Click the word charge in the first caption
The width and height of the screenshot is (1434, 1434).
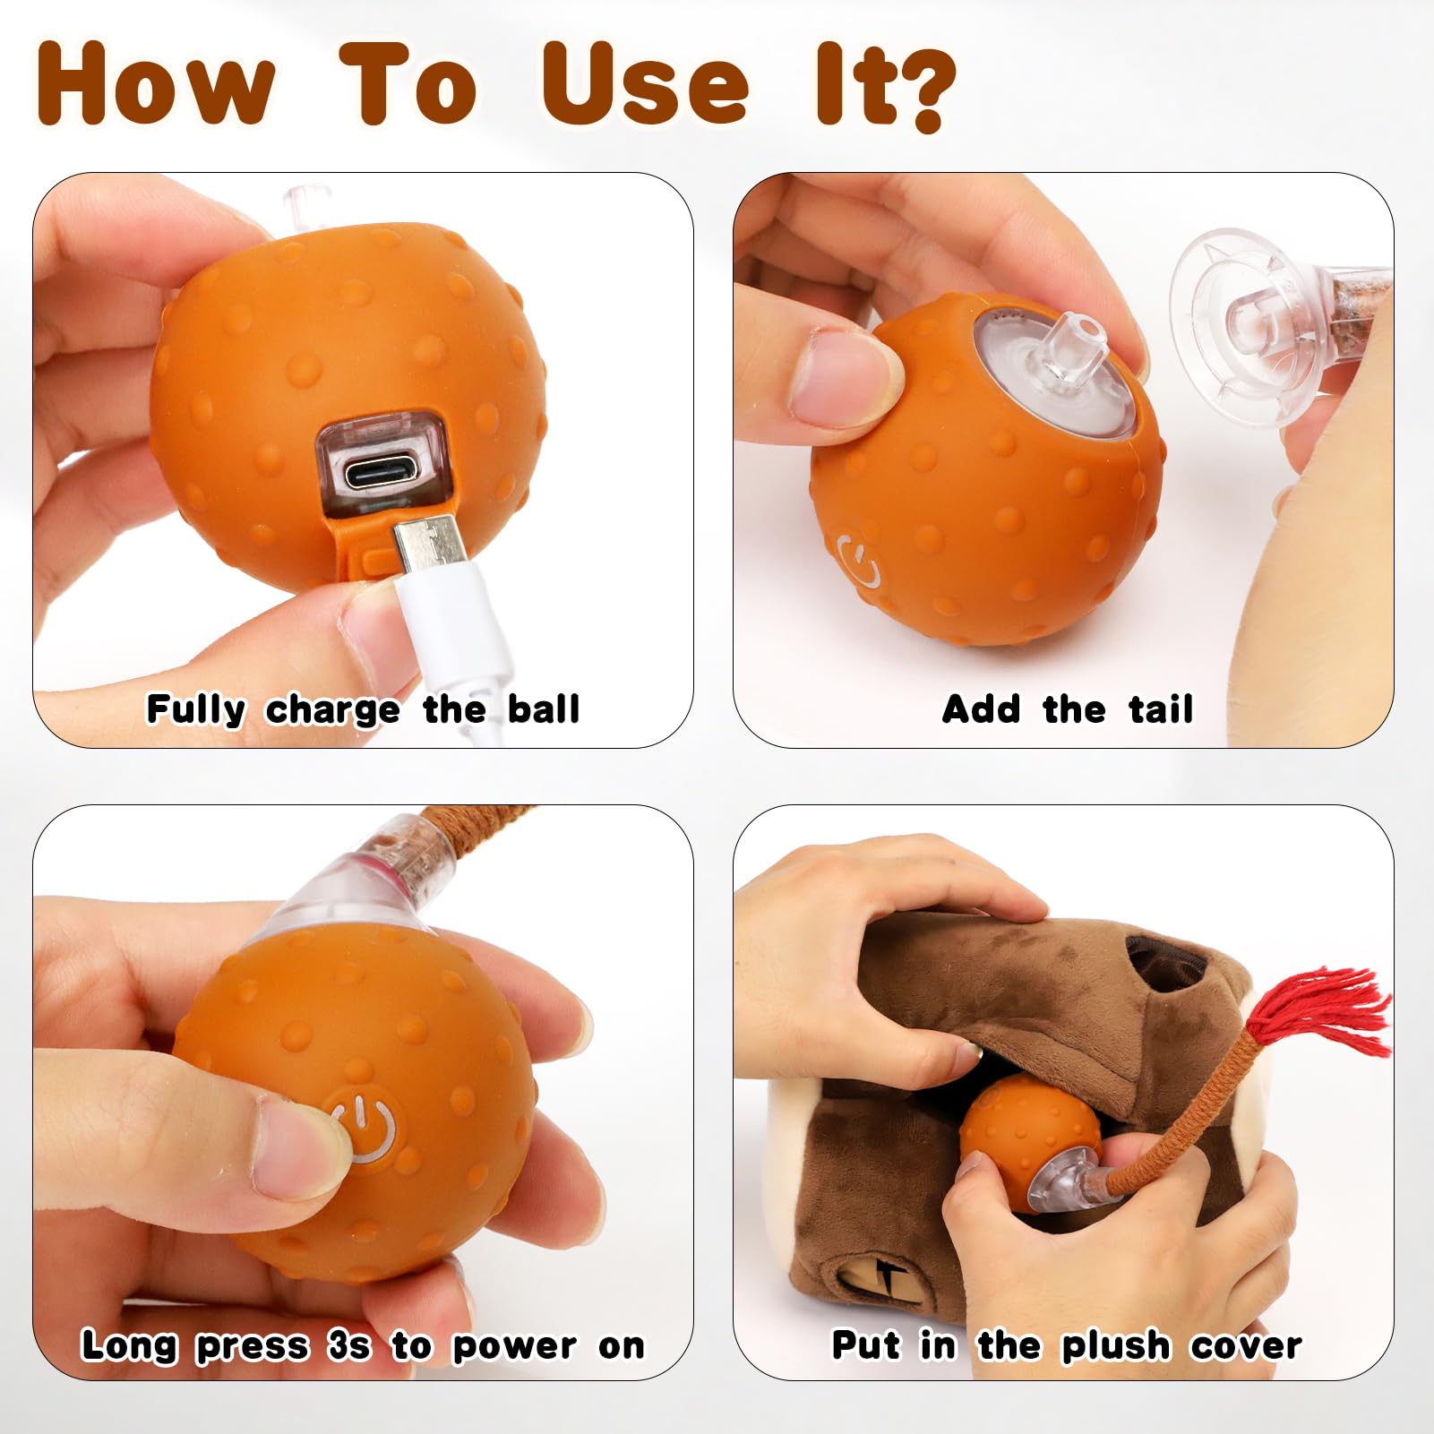click(x=332, y=709)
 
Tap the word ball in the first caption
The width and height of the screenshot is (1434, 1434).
click(x=544, y=708)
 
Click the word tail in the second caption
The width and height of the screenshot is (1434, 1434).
click(x=1161, y=709)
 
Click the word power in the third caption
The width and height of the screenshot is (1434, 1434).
click(x=514, y=1345)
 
